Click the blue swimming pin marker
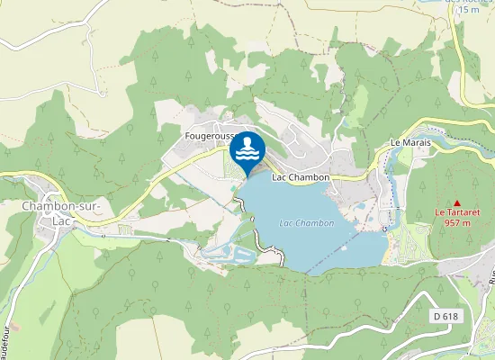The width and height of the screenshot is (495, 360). [247, 153]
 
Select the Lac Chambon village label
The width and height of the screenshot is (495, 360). [300, 177]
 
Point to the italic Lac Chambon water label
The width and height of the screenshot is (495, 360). [306, 222]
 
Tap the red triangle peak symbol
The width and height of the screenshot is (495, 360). [457, 202]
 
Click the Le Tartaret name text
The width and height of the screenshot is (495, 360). [457, 213]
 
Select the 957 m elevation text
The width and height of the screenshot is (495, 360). [457, 224]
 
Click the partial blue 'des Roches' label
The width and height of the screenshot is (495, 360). [463, 2]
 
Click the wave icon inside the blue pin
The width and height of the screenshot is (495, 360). [247, 157]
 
